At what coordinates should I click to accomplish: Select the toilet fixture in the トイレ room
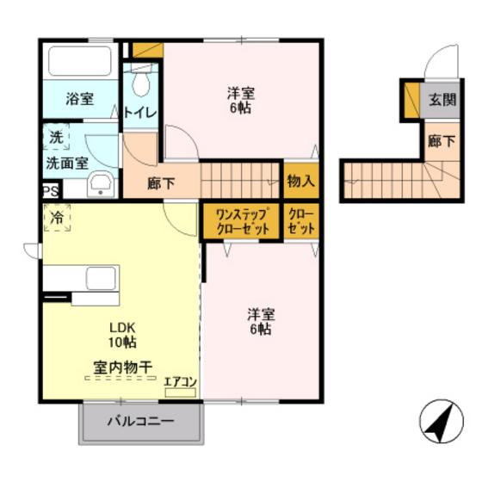(139, 84)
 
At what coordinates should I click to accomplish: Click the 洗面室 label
(66, 161)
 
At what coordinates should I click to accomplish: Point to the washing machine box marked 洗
(56, 136)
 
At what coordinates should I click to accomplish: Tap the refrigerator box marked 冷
(56, 219)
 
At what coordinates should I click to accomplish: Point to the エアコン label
(181, 382)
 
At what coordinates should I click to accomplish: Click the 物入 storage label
(300, 182)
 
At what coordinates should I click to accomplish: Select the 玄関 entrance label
(441, 99)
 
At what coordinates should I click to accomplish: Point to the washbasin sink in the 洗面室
(102, 183)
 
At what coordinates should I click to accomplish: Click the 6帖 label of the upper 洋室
(241, 109)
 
